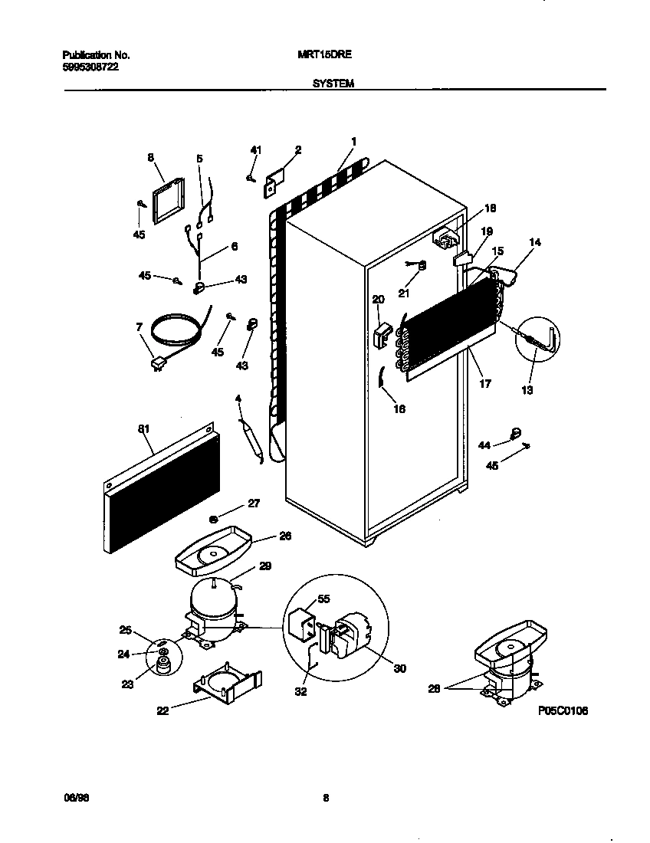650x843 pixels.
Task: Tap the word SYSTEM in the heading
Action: pyautogui.click(x=333, y=83)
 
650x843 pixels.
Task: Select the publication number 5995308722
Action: pyautogui.click(x=90, y=67)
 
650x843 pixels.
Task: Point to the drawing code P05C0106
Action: pyautogui.click(x=563, y=711)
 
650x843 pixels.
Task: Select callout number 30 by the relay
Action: pyautogui.click(x=399, y=668)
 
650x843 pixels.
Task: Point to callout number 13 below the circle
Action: pyautogui.click(x=527, y=390)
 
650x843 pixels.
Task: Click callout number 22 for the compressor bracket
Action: pyautogui.click(x=162, y=710)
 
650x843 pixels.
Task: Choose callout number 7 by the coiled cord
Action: pyautogui.click(x=139, y=327)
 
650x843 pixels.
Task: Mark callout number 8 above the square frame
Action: pyautogui.click(x=150, y=158)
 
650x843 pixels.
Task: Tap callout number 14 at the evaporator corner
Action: pyautogui.click(x=535, y=242)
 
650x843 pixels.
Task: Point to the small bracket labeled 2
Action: pyautogui.click(x=274, y=182)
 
